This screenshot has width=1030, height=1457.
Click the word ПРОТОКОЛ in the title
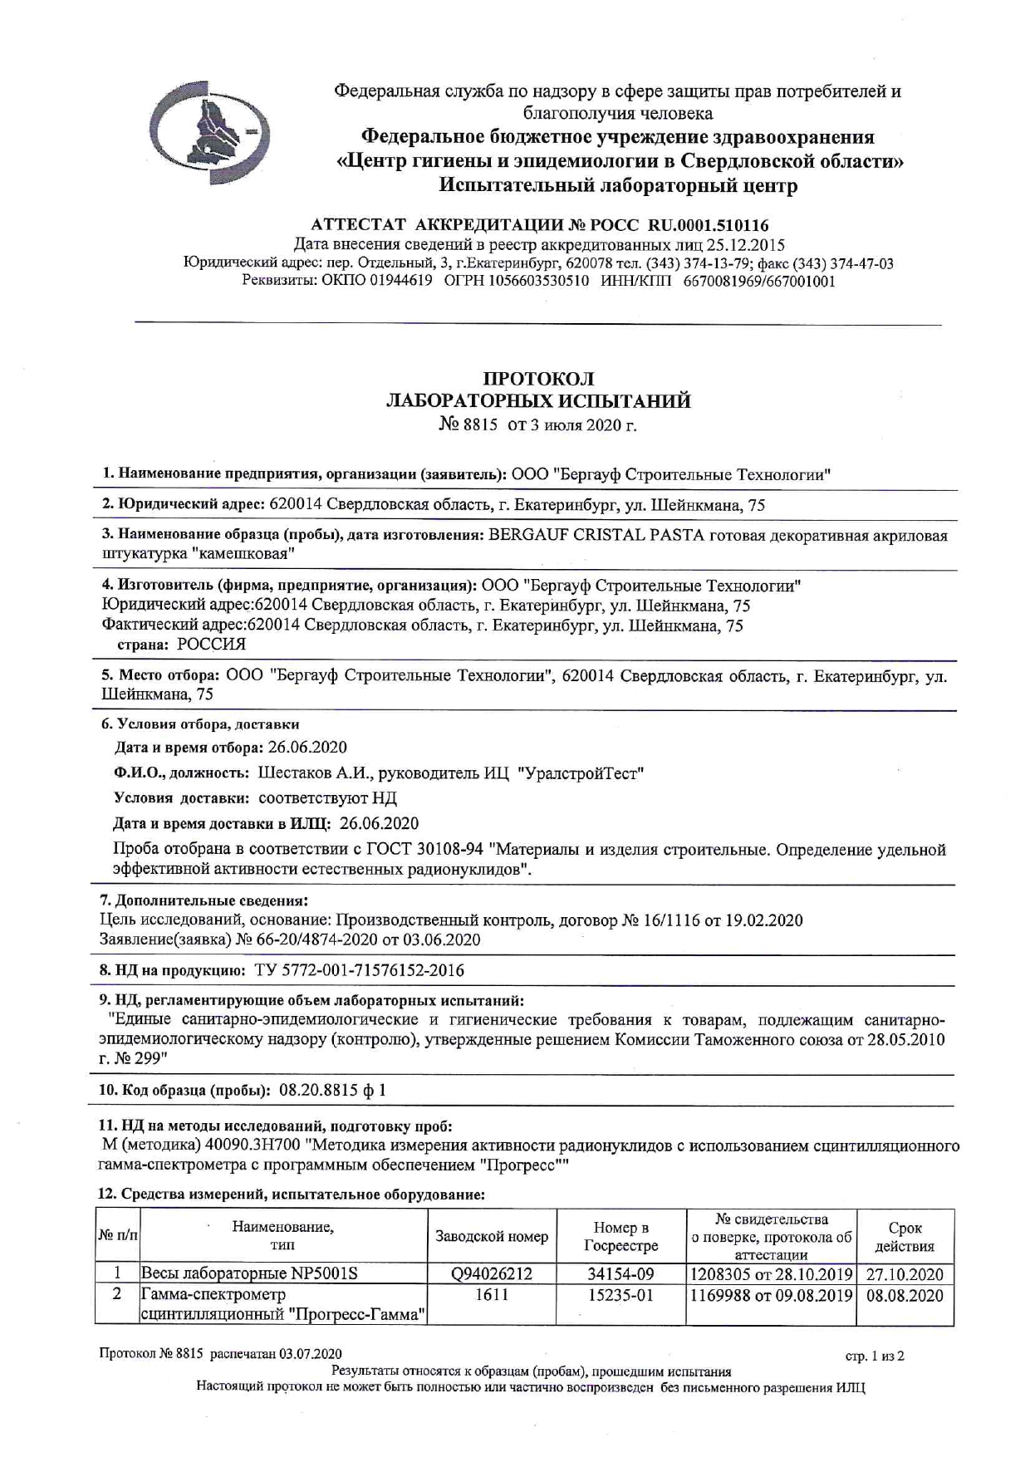[538, 379]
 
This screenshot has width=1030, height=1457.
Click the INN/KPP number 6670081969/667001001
[759, 281]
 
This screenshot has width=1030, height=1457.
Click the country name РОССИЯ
[211, 644]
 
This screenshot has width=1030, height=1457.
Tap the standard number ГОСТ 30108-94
[436, 850]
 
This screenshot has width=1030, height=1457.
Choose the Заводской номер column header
[492, 1237]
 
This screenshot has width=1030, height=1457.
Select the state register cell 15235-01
[620, 1295]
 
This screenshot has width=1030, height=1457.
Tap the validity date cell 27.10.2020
[905, 1274]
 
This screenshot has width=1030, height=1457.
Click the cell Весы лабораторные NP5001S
[249, 1273]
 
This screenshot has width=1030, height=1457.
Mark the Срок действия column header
[905, 1237]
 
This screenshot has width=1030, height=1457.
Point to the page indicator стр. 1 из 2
[874, 1356]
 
